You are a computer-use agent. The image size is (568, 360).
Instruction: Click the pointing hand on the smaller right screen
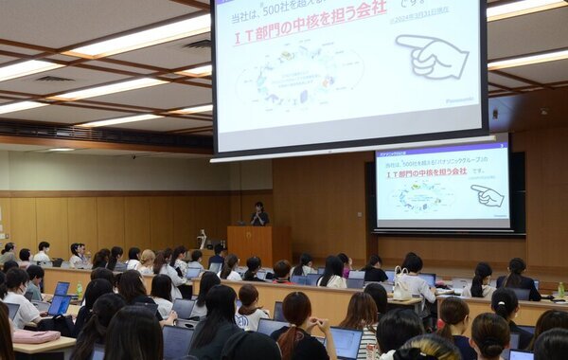[x=488, y=196]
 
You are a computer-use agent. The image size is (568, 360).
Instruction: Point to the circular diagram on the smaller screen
[x=423, y=196]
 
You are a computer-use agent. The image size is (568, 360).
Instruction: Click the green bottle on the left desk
[x=80, y=289]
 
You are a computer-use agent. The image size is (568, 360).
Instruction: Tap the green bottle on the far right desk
[x=560, y=289]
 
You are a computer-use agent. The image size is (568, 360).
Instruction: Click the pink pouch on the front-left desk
[x=36, y=336]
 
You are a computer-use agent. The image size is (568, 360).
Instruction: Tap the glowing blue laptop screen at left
[x=59, y=304]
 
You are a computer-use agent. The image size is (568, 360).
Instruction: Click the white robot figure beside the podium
[x=202, y=238]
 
